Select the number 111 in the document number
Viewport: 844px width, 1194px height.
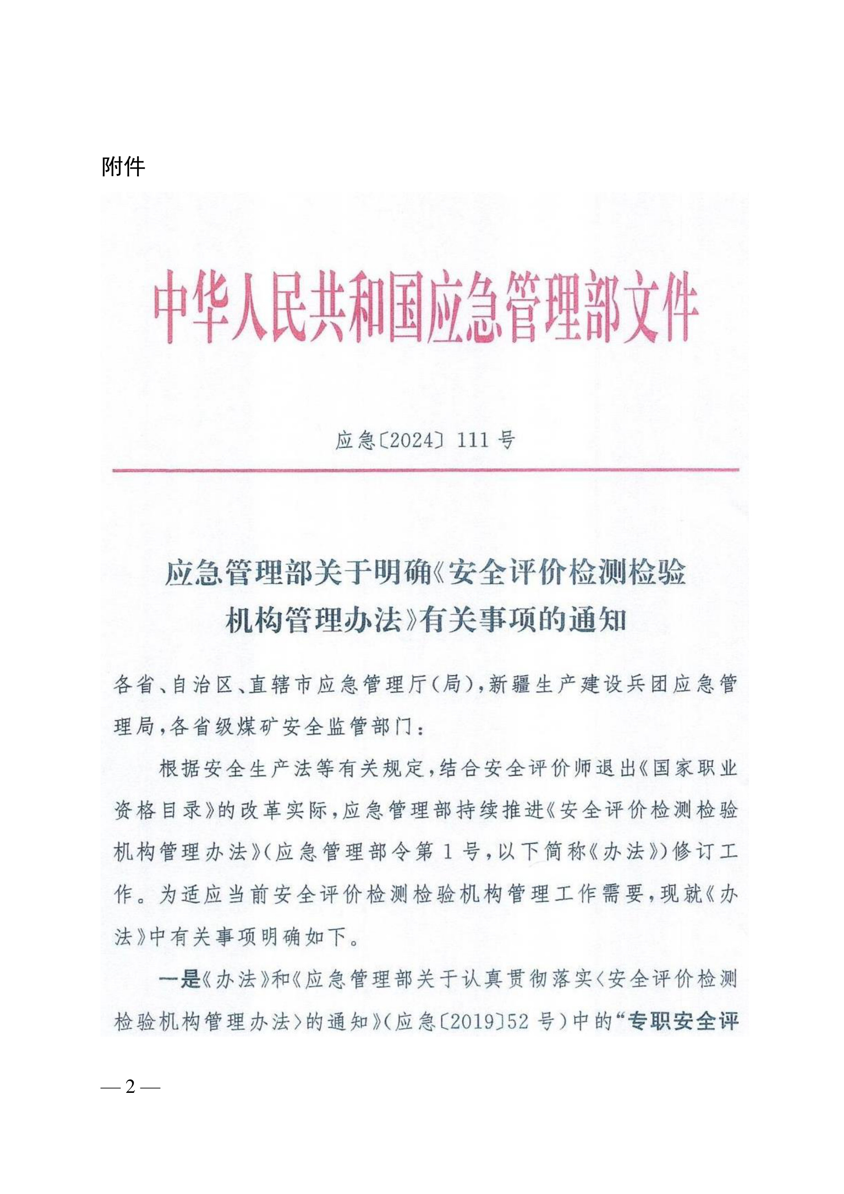[473, 441]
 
